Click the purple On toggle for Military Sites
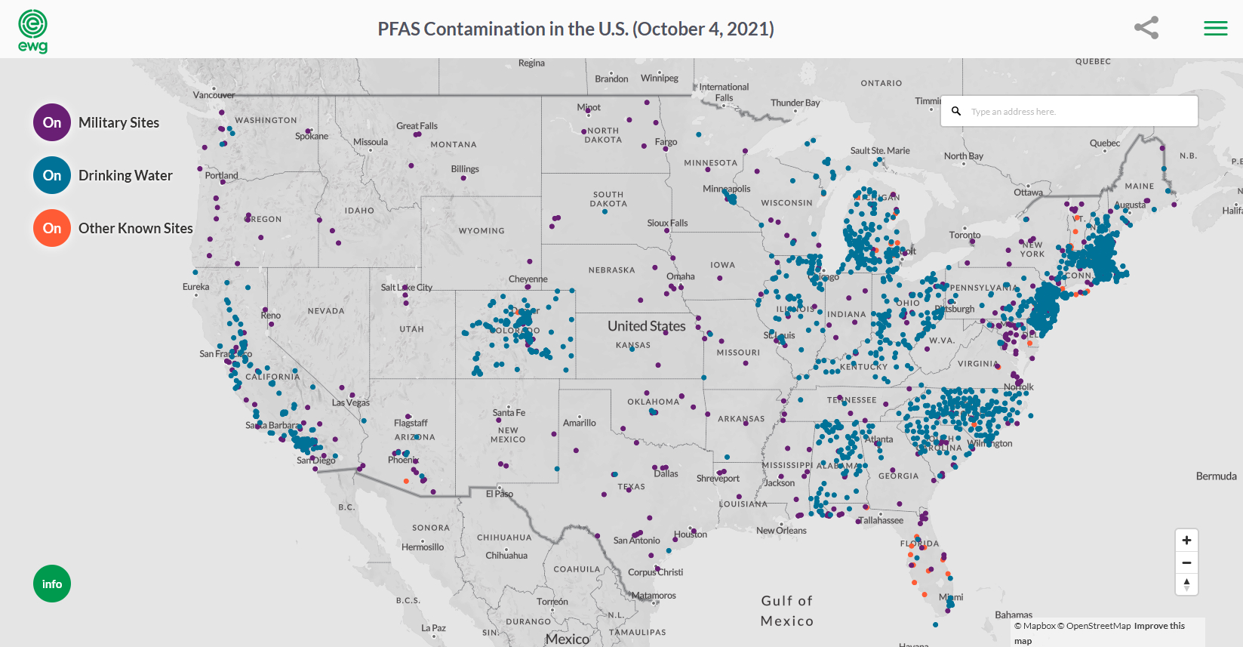tap(52, 122)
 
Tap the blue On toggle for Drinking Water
tap(52, 175)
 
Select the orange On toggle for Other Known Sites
tap(52, 228)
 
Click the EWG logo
tap(32, 31)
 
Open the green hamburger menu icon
tap(1215, 29)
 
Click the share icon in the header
tap(1146, 28)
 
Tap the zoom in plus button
tap(1186, 541)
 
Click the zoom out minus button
tap(1186, 562)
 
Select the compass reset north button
tap(1186, 584)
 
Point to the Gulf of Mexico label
tap(787, 611)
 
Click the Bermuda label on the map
tap(1216, 476)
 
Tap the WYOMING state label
tap(482, 231)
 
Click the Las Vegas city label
tap(351, 402)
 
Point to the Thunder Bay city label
tap(795, 103)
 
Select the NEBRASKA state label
tap(611, 270)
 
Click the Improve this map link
tap(1159, 626)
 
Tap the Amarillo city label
tap(579, 423)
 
